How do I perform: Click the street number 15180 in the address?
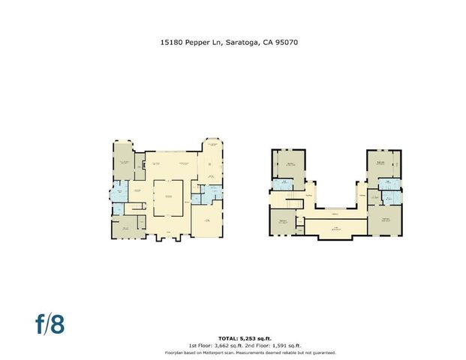pyautogui.click(x=171, y=44)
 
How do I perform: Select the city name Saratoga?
pyautogui.click(x=242, y=44)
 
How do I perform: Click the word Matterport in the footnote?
pyautogui.click(x=211, y=352)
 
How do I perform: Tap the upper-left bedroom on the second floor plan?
pyautogui.click(x=288, y=164)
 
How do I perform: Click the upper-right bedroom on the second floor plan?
pyautogui.click(x=383, y=163)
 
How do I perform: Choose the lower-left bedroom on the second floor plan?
pyautogui.click(x=283, y=223)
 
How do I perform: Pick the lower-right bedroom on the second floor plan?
pyautogui.click(x=386, y=222)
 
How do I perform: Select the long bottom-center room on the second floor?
pyautogui.click(x=336, y=228)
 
